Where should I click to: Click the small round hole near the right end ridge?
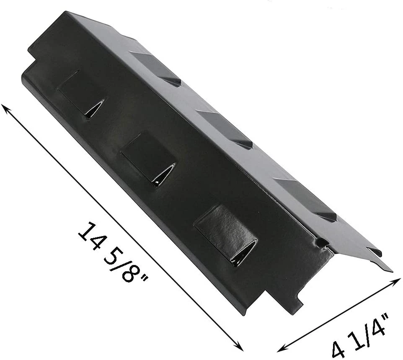322,242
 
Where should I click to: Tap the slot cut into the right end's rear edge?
374,252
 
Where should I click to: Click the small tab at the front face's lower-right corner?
298,301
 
